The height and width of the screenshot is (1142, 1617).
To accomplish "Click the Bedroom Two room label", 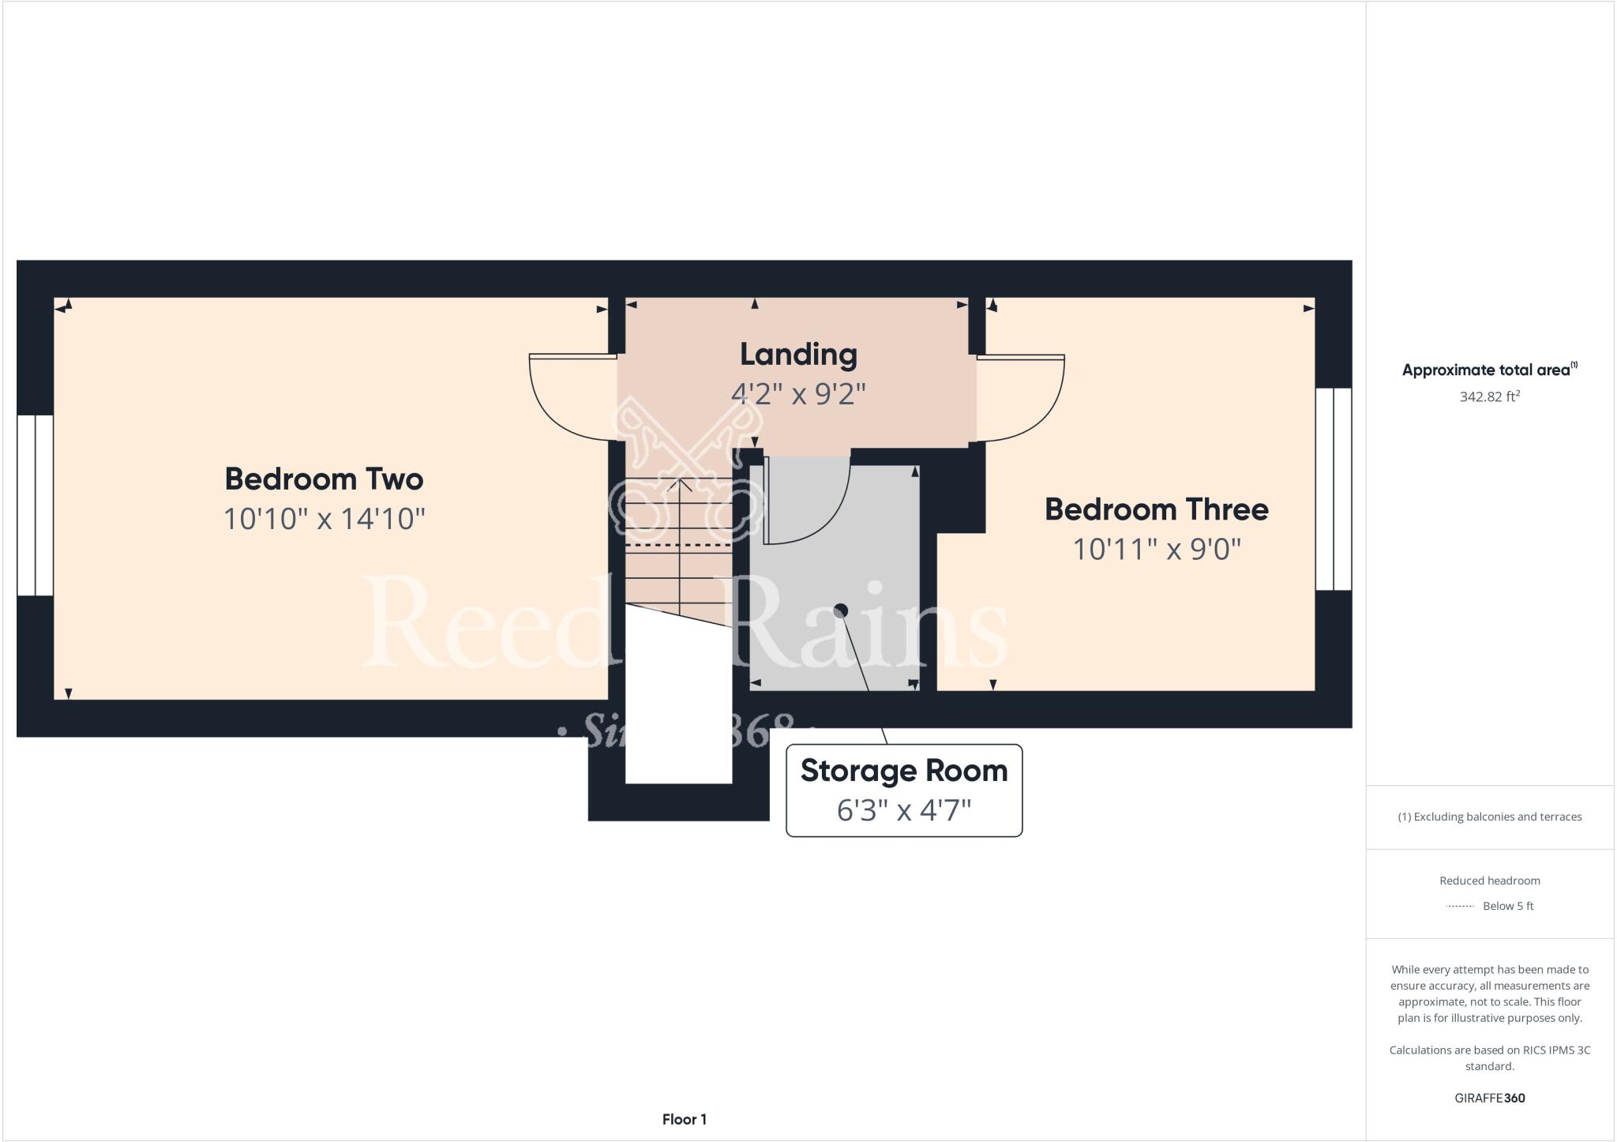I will click(x=324, y=479).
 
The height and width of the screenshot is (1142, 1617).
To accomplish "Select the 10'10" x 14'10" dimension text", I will click(x=324, y=519).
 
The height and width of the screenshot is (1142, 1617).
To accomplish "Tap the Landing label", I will click(x=798, y=355).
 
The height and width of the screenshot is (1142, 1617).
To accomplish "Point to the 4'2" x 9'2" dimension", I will click(x=798, y=393).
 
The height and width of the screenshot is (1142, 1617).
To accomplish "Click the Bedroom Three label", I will click(x=1156, y=509).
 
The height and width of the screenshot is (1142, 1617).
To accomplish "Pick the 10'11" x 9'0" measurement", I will click(x=1156, y=549).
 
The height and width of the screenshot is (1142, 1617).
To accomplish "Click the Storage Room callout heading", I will click(x=904, y=771).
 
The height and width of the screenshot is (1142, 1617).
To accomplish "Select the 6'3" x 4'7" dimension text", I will click(x=904, y=810).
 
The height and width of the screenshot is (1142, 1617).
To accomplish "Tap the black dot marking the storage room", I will click(x=841, y=610).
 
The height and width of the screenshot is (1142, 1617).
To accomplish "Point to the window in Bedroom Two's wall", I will click(x=36, y=505).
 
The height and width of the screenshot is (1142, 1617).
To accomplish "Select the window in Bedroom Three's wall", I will click(x=1334, y=489).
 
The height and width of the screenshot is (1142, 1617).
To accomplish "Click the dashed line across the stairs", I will click(x=678, y=545).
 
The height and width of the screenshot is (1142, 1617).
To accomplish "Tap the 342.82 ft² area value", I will click(x=1489, y=396).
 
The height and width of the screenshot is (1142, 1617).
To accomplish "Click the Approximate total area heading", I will click(x=1489, y=370).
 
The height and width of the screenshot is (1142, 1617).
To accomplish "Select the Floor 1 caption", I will click(x=684, y=1119).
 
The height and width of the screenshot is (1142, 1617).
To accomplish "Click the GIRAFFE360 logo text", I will click(x=1489, y=1098).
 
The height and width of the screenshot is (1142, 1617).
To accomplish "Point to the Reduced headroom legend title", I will click(x=1489, y=881).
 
